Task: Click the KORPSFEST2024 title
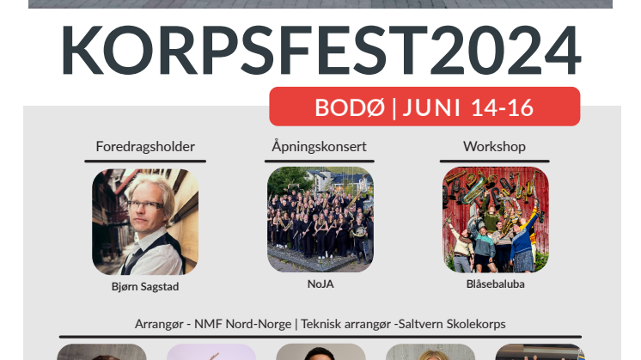pos(320,50)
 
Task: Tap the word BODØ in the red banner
pos(350,107)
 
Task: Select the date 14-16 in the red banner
pos(502,107)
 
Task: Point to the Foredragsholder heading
pos(145,147)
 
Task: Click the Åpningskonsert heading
pos(320,146)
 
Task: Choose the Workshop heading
pos(494,147)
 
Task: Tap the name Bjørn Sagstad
pos(145,286)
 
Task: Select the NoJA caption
pos(320,284)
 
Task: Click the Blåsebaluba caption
pos(496,284)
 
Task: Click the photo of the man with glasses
pos(145,222)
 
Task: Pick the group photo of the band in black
pos(320,219)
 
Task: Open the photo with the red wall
pos(496,219)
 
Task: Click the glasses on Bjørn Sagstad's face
pos(146,205)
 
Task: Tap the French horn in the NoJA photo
pos(360,232)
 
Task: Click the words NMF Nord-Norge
pos(243,324)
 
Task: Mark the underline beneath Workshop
pos(494,162)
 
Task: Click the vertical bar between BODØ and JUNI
pos(394,108)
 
